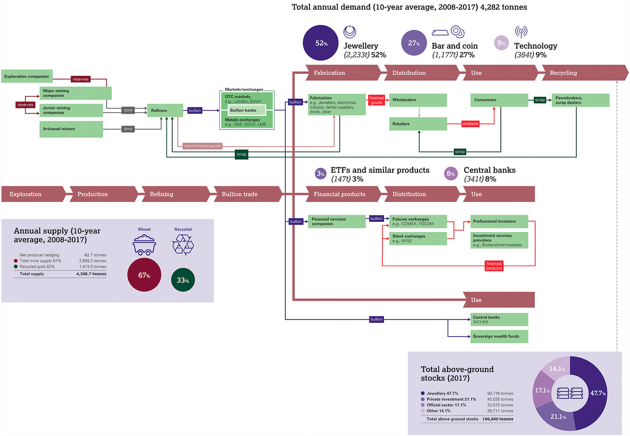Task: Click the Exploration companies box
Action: (x=27, y=76)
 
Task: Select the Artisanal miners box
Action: (x=71, y=129)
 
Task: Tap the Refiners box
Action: (x=165, y=111)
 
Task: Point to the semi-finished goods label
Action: (x=202, y=146)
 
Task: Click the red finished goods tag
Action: (x=376, y=100)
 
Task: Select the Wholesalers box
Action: (x=418, y=100)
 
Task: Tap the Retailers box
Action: (x=418, y=124)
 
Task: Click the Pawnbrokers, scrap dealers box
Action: (x=580, y=101)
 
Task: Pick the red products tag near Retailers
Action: (x=470, y=124)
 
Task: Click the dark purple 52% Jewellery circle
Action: (x=320, y=43)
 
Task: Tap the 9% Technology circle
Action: (x=502, y=43)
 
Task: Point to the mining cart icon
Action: (x=144, y=245)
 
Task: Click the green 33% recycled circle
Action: (x=183, y=280)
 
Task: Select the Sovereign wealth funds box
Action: (x=499, y=336)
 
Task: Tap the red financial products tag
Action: (x=494, y=266)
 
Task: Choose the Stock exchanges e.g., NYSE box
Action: (x=418, y=238)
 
